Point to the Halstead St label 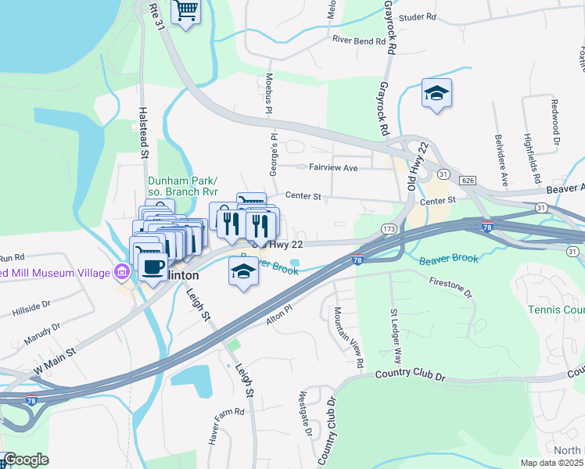point(144,134)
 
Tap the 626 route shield point(468,181)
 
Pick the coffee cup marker point(152,267)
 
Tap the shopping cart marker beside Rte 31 point(186,12)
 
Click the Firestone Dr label point(450,285)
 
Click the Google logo point(27,460)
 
